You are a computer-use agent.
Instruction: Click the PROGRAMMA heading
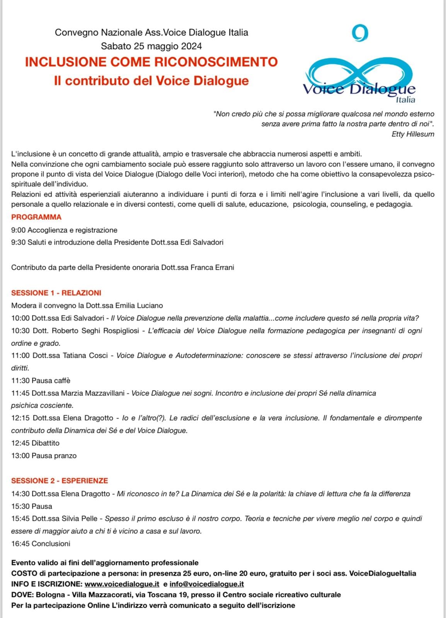click(36, 217)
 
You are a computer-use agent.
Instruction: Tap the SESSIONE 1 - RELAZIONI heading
click(56, 293)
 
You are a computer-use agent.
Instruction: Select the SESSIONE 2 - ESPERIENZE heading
click(60, 480)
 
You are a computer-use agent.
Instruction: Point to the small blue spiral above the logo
click(360, 33)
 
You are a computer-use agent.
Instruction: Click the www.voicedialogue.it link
click(122, 584)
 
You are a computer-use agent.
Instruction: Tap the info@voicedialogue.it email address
click(207, 584)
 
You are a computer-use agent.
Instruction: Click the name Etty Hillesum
click(413, 134)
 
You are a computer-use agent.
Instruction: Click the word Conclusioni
click(51, 543)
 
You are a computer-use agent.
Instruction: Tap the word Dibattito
click(46, 443)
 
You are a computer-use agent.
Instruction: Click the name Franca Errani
click(212, 267)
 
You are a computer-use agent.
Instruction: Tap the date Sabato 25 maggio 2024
click(151, 46)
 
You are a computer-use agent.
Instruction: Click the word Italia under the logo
click(405, 100)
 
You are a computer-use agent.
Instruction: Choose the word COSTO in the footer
click(24, 574)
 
